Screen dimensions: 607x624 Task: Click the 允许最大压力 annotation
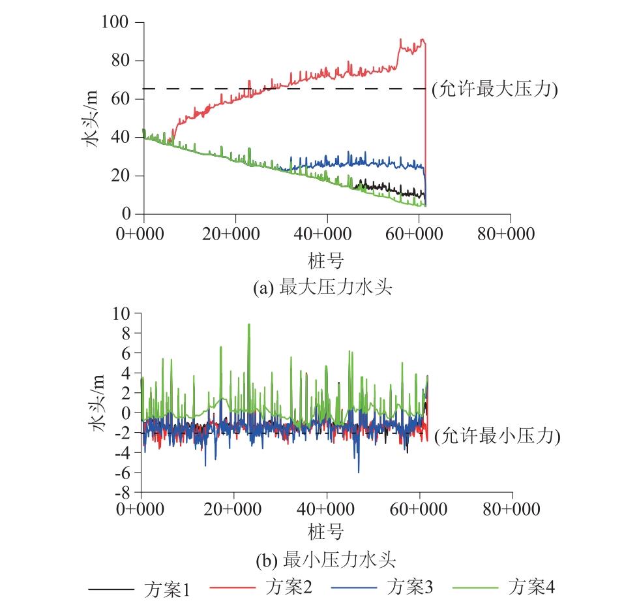click(x=494, y=89)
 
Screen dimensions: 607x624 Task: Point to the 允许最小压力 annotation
click(x=497, y=436)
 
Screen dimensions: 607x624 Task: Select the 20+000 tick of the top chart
click(x=235, y=234)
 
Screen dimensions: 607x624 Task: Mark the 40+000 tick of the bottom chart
click(x=326, y=510)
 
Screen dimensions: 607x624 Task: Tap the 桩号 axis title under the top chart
click(x=325, y=260)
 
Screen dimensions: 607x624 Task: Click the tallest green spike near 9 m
click(x=248, y=324)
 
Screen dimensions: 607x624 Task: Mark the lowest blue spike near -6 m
click(x=358, y=471)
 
